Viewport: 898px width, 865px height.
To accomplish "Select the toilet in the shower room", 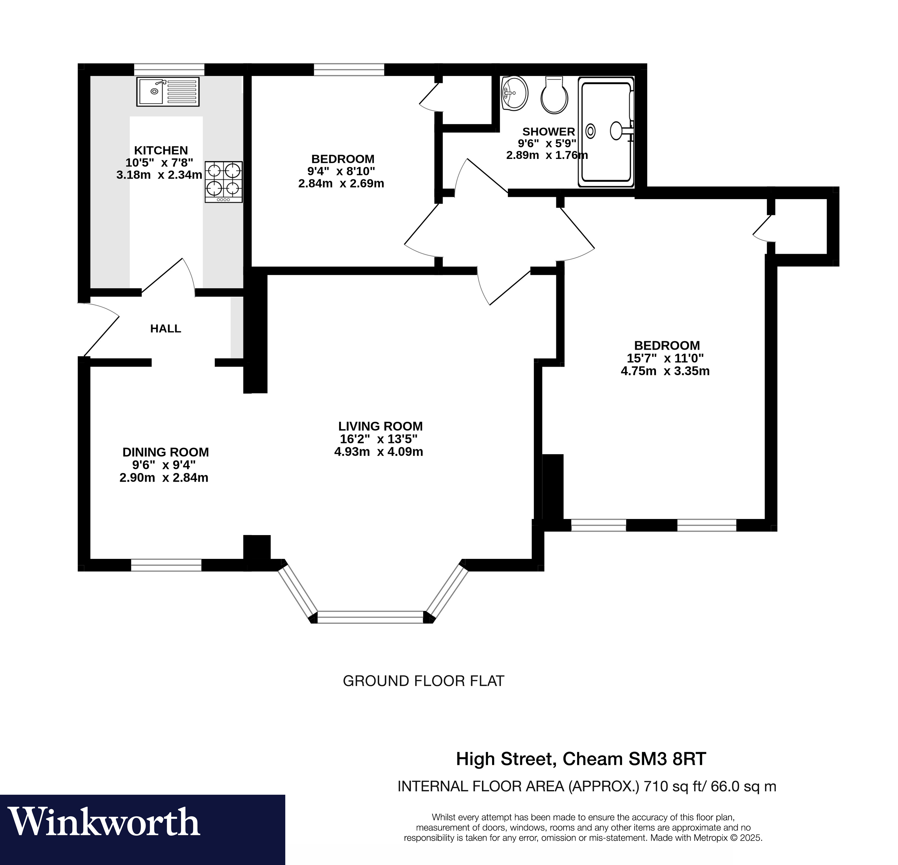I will click(x=554, y=95).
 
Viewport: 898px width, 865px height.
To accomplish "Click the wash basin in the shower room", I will click(x=515, y=94).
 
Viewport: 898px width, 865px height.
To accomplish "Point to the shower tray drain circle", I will click(x=591, y=132).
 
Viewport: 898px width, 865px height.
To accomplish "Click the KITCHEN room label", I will click(x=161, y=150).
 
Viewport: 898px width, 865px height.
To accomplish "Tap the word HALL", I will click(x=165, y=329).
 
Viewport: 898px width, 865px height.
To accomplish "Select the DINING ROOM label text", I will click(x=165, y=452).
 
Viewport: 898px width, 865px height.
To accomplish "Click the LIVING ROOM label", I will click(x=380, y=426).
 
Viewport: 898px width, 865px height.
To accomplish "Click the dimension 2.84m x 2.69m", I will click(x=341, y=184).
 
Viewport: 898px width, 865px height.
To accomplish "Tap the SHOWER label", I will click(x=548, y=132).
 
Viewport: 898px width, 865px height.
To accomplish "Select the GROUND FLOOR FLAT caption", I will click(x=423, y=681).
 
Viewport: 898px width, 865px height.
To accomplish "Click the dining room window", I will click(x=166, y=565).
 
